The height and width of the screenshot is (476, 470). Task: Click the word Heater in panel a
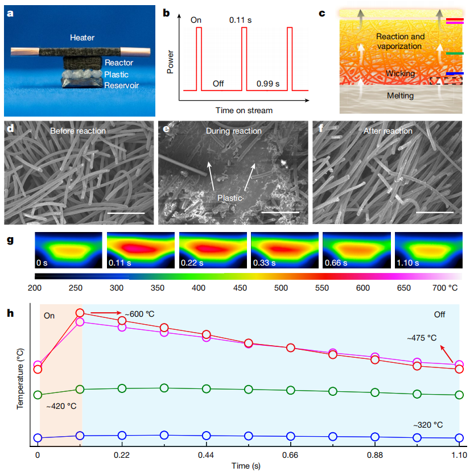click(x=82, y=38)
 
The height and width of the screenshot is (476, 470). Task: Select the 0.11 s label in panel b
click(x=241, y=20)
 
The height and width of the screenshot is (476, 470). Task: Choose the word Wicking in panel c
click(x=401, y=73)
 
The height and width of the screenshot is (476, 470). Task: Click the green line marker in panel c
click(x=455, y=53)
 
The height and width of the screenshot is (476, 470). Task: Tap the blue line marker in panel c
click(x=455, y=73)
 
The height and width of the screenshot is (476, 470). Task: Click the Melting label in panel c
click(x=401, y=96)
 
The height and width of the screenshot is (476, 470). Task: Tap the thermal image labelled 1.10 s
click(x=427, y=250)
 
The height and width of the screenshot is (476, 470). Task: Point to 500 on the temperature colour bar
click(x=281, y=288)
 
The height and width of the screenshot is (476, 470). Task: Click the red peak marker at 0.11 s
click(x=80, y=313)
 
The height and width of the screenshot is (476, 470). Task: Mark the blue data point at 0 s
click(x=38, y=438)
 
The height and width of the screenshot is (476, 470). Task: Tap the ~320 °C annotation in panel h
click(x=428, y=425)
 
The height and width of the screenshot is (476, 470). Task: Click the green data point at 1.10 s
click(x=459, y=395)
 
